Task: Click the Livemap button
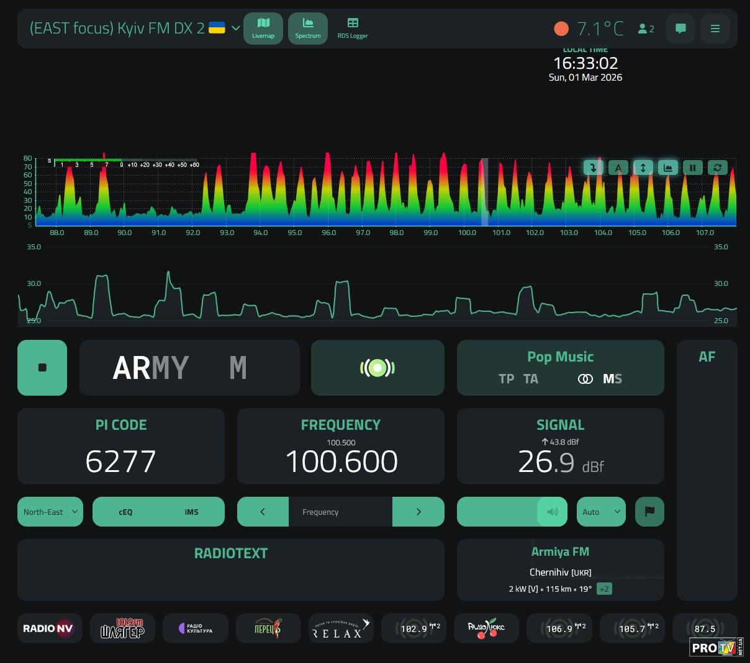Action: [x=263, y=28]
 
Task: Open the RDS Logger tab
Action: [x=353, y=28]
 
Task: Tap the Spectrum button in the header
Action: [x=308, y=28]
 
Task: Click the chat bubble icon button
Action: [x=680, y=29]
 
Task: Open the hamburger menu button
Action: [x=715, y=29]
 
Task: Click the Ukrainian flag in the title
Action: [x=217, y=28]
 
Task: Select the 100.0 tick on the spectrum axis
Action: [x=467, y=233]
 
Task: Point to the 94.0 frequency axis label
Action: [x=261, y=233]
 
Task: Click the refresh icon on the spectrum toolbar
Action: [x=717, y=167]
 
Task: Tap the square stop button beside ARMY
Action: [x=42, y=368]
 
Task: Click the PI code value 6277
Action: [x=120, y=461]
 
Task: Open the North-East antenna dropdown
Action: [x=50, y=512]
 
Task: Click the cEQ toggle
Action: [x=125, y=512]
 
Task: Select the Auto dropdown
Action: [x=601, y=512]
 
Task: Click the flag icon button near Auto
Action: [x=649, y=512]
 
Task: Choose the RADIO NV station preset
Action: [x=48, y=628]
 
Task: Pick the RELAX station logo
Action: [x=340, y=628]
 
